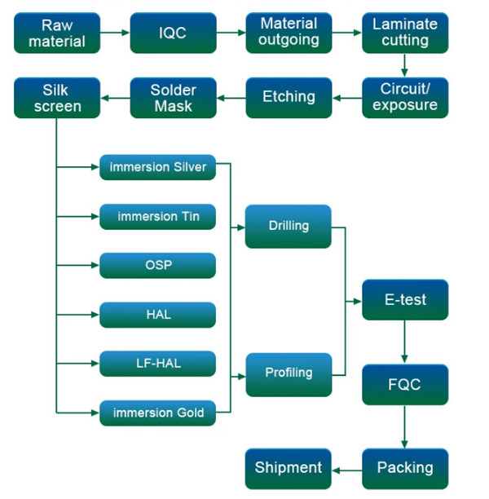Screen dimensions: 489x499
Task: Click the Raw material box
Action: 57,33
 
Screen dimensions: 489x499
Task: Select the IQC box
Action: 174,33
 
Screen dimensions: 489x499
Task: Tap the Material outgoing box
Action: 289,33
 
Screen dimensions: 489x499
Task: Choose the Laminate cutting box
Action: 405,33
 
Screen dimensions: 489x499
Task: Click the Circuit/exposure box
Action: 405,98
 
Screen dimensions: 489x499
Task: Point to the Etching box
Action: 289,98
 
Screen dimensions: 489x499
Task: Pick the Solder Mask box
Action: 174,98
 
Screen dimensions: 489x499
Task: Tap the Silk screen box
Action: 57,98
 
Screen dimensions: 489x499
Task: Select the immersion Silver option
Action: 158,167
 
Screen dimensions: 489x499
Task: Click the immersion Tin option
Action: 158,217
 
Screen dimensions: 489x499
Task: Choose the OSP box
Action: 158,266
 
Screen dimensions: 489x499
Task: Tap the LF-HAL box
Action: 158,364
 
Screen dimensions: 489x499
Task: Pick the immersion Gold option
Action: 158,413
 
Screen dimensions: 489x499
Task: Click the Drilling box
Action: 289,227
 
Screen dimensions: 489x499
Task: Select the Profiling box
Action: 289,375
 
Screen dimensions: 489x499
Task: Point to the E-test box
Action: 405,300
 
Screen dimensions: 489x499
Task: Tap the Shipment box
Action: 289,469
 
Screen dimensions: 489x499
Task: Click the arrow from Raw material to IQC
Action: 115,33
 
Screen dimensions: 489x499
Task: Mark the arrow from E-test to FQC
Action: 405,342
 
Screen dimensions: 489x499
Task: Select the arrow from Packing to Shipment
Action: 347,470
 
